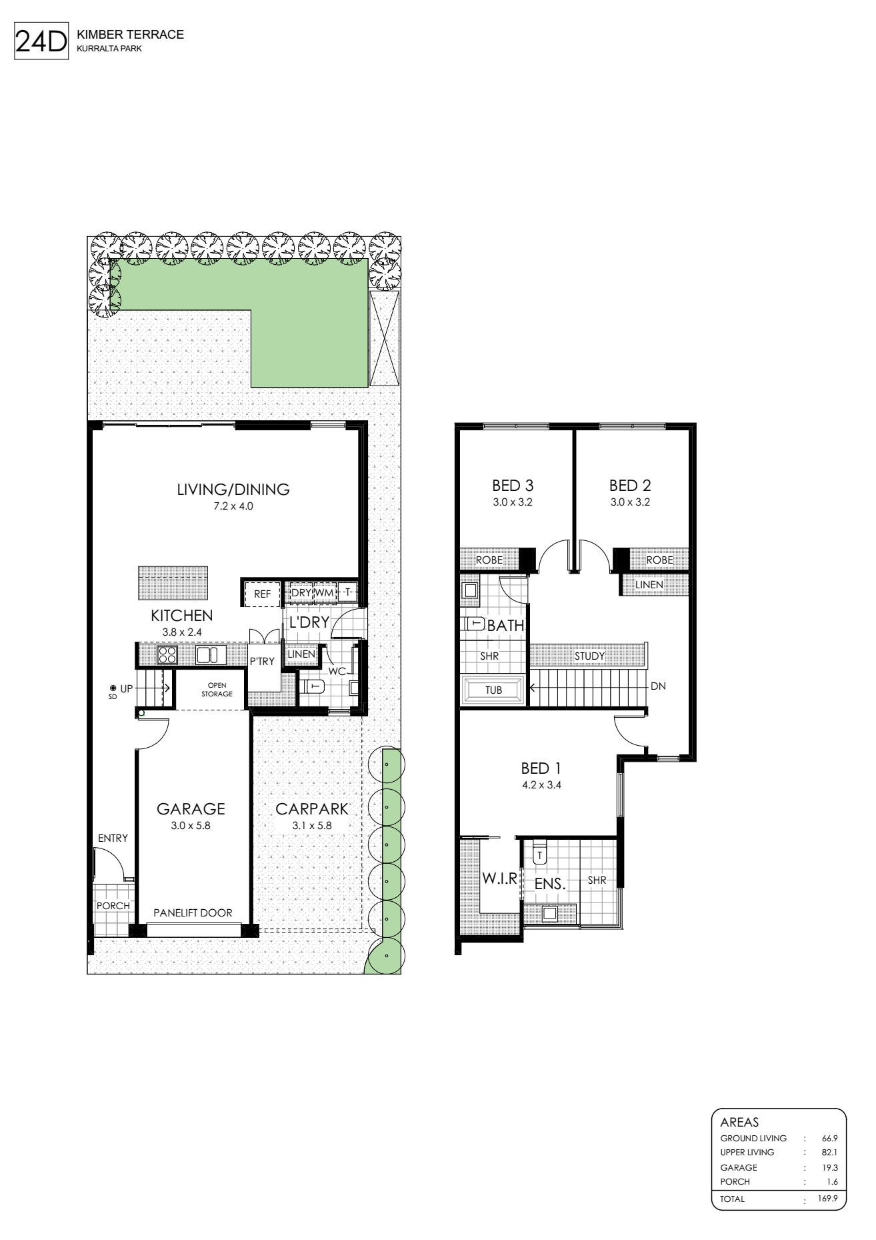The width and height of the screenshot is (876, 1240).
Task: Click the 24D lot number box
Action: click(x=41, y=41)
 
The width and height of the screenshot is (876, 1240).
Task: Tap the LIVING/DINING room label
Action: click(x=233, y=489)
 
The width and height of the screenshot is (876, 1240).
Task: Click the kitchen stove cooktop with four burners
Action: click(x=167, y=655)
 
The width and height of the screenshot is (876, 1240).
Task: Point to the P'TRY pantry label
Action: click(x=262, y=662)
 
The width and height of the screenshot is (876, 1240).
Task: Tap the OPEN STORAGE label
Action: click(x=217, y=690)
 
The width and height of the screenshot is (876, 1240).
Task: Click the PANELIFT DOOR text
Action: click(x=193, y=912)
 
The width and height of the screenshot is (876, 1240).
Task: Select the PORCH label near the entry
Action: click(x=113, y=906)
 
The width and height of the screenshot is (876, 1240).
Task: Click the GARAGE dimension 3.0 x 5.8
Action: click(x=190, y=825)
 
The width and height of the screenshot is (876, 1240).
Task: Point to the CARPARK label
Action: click(x=312, y=809)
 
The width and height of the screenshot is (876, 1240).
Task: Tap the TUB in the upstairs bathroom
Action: click(x=494, y=690)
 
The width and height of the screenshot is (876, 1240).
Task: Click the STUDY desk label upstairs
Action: click(x=589, y=656)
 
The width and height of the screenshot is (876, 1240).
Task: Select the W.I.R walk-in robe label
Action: click(x=500, y=878)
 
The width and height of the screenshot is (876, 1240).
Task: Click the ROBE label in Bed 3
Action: click(x=489, y=560)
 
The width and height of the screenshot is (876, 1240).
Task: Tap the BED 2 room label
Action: click(x=630, y=486)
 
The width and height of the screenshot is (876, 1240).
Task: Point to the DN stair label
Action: click(x=658, y=686)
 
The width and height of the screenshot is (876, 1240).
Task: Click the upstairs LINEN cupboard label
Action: click(x=649, y=584)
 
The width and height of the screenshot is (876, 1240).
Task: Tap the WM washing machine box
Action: click(x=324, y=592)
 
